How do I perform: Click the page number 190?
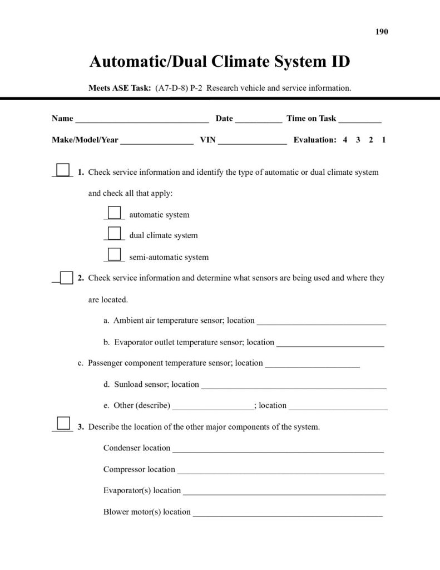click(x=382, y=32)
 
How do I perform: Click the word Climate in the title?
click(x=244, y=61)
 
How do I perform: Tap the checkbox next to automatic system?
click(x=114, y=213)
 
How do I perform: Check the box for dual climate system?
click(x=114, y=233)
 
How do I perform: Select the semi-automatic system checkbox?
click(x=114, y=254)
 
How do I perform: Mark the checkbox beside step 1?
click(x=63, y=170)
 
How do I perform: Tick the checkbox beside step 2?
click(x=66, y=277)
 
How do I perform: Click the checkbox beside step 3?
click(x=63, y=424)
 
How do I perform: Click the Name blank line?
click(x=142, y=119)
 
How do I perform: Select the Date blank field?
click(x=258, y=119)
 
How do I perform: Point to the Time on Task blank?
click(x=359, y=119)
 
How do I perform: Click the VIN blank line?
click(x=252, y=141)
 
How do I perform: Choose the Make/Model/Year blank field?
click(x=156, y=141)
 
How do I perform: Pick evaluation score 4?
click(x=345, y=140)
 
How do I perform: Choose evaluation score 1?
click(x=384, y=140)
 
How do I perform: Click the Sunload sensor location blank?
click(x=293, y=385)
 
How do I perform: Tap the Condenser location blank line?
click(x=278, y=449)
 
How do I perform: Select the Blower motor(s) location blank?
click(x=287, y=513)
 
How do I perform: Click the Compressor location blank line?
click(x=280, y=470)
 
